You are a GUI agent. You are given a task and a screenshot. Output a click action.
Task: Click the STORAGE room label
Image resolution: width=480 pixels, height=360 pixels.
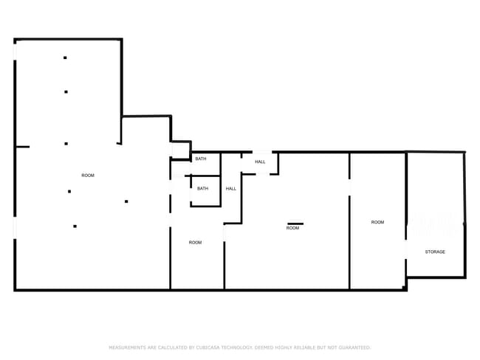pyautogui.click(x=435, y=252)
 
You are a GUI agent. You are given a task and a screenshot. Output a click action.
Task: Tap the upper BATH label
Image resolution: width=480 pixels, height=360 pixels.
pyautogui.click(x=201, y=159)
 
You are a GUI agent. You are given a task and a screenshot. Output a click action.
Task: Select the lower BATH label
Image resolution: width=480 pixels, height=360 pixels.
pyautogui.click(x=202, y=188)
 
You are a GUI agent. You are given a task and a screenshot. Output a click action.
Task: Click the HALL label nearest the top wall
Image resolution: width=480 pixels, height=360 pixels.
pyautogui.click(x=260, y=162)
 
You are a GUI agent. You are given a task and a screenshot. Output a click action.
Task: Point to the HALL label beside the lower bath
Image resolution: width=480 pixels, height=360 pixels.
pyautogui.click(x=231, y=189)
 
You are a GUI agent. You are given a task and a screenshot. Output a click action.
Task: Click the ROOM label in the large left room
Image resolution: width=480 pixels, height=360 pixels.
pyautogui.click(x=88, y=176)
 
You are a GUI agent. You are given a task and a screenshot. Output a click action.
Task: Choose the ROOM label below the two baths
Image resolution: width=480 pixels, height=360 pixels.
pyautogui.click(x=195, y=243)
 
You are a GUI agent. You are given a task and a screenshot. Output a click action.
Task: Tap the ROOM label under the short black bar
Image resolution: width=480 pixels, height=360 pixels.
pyautogui.click(x=292, y=228)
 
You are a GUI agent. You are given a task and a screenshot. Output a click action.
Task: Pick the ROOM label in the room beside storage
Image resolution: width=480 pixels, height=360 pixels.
pyautogui.click(x=377, y=222)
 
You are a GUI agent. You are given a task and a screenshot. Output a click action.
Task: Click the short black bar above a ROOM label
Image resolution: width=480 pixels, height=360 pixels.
pyautogui.click(x=295, y=224)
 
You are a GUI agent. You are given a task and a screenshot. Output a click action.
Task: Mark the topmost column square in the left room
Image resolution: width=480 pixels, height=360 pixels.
pyautogui.click(x=65, y=58)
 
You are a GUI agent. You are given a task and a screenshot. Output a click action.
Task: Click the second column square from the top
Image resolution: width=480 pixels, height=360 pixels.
pyautogui.click(x=66, y=91)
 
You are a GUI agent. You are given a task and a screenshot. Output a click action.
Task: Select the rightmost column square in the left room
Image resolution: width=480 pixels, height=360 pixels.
pyautogui.click(x=126, y=201)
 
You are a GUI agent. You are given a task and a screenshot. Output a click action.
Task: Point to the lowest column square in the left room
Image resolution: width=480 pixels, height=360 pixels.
pyautogui.click(x=75, y=226)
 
